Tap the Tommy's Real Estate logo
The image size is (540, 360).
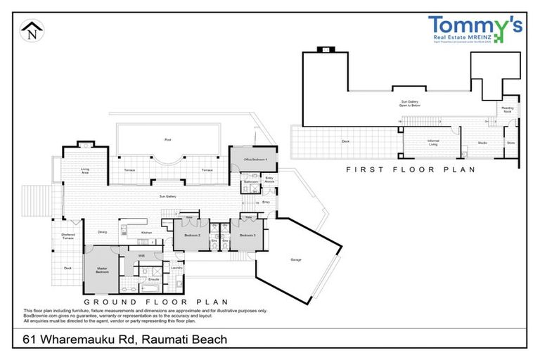click(475, 32)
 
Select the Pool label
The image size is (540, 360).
click(167, 139)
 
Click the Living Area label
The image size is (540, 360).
click(85, 170)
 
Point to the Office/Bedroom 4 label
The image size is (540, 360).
click(253, 160)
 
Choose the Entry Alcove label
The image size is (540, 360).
click(269, 180)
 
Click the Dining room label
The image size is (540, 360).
click(102, 231)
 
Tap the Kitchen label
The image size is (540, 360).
click(146, 232)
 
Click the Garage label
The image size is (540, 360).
click(296, 259)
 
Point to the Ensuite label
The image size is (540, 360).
click(154, 279)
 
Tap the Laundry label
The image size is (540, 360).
click(177, 267)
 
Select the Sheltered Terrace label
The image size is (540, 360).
click(67, 237)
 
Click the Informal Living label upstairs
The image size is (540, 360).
click(433, 143)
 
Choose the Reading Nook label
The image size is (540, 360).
click(508, 110)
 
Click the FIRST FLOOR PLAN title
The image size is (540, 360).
click(412, 169)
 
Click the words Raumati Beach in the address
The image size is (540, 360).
click(185, 340)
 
